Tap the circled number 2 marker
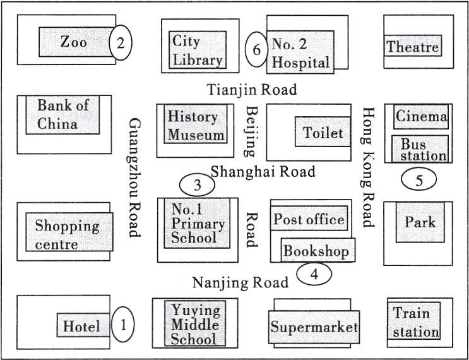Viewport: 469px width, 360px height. (x=120, y=42)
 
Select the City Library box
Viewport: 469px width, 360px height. (x=198, y=50)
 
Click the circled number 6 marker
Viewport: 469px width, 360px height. (x=256, y=49)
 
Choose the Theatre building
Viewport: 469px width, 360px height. (x=413, y=45)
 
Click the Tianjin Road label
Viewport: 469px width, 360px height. (x=252, y=90)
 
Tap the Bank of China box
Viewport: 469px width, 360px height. (x=62, y=114)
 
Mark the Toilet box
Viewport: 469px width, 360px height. (x=323, y=131)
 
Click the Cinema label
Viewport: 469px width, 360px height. (x=421, y=116)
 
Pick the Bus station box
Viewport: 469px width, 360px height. (x=420, y=148)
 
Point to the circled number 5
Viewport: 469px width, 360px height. (x=419, y=179)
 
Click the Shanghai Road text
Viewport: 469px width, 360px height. (x=263, y=171)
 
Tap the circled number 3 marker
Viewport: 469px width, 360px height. (x=197, y=185)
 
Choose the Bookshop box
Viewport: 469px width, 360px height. (x=318, y=250)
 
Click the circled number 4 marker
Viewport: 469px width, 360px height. (x=314, y=274)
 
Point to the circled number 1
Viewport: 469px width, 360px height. (x=123, y=324)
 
